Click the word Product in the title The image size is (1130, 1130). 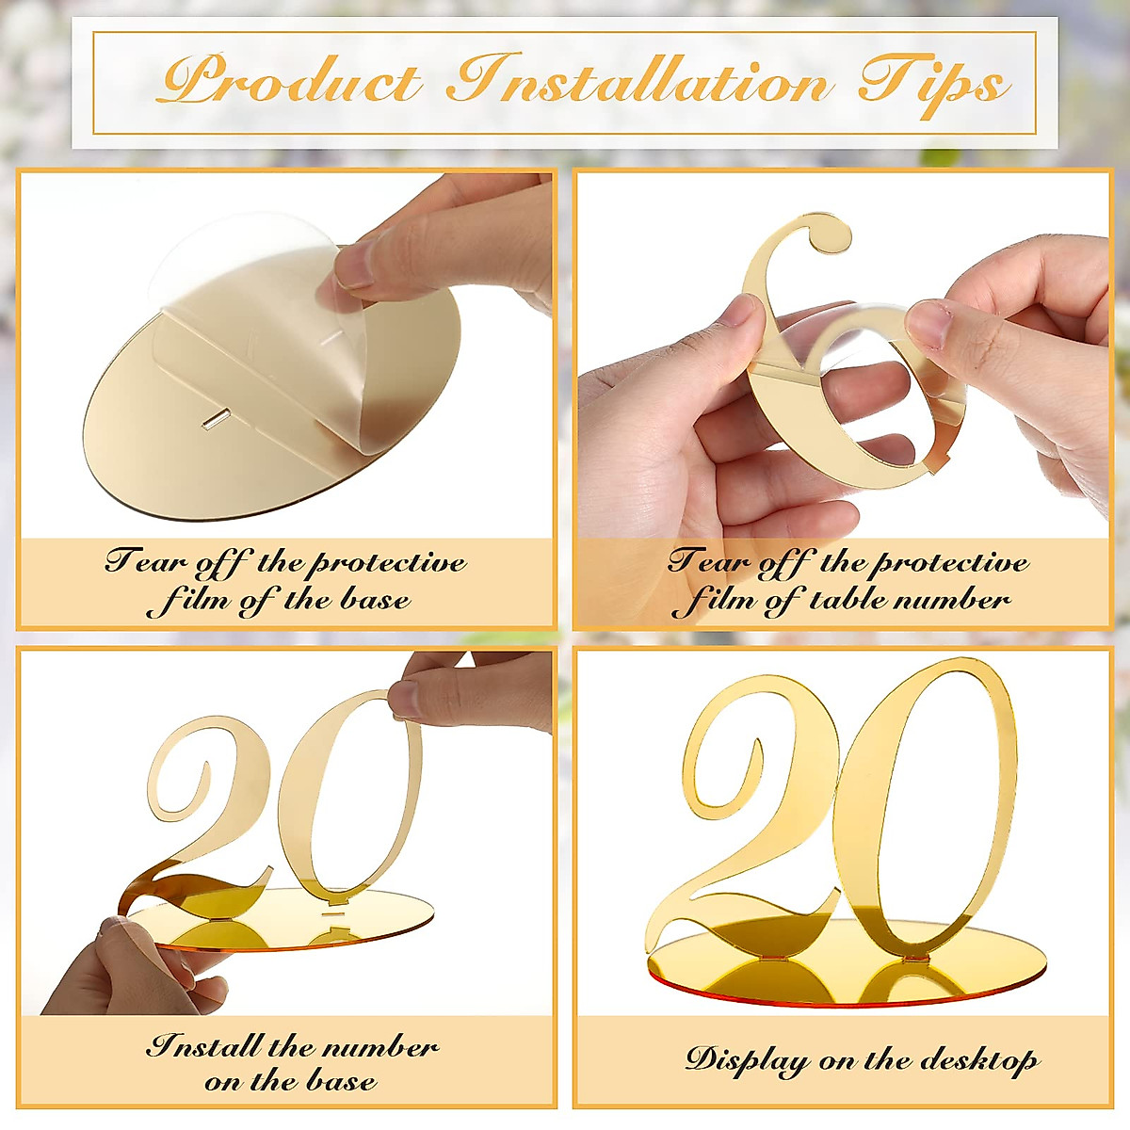pyautogui.click(x=290, y=81)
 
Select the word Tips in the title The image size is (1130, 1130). pyautogui.click(x=932, y=83)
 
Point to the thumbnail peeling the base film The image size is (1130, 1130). pyautogui.click(x=358, y=266)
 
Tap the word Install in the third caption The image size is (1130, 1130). pyautogui.click(x=203, y=1046)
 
